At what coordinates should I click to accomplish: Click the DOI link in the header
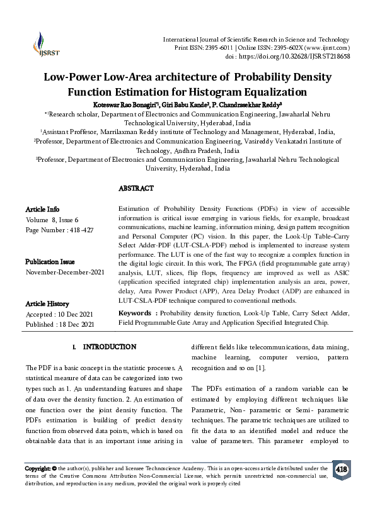(308, 56)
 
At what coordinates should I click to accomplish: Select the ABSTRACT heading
(136, 188)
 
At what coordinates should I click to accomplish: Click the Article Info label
(42, 208)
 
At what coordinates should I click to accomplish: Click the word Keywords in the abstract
(135, 313)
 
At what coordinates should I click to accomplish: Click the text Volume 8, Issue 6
(52, 220)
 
